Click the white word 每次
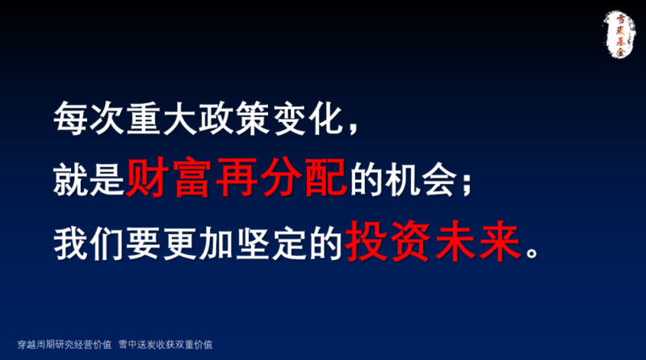click(x=89, y=119)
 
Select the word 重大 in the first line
click(x=161, y=119)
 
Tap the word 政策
click(x=234, y=119)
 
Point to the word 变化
click(x=307, y=119)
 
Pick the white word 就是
click(x=89, y=179)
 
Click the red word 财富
click(x=169, y=178)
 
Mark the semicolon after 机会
click(x=467, y=184)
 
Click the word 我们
click(x=89, y=243)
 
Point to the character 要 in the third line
click(x=144, y=243)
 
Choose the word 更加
click(x=198, y=243)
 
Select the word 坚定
click(x=271, y=243)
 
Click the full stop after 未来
click(x=532, y=252)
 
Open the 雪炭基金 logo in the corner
click(x=619, y=34)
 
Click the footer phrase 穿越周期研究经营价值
click(x=65, y=345)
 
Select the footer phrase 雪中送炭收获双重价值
click(x=166, y=345)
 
